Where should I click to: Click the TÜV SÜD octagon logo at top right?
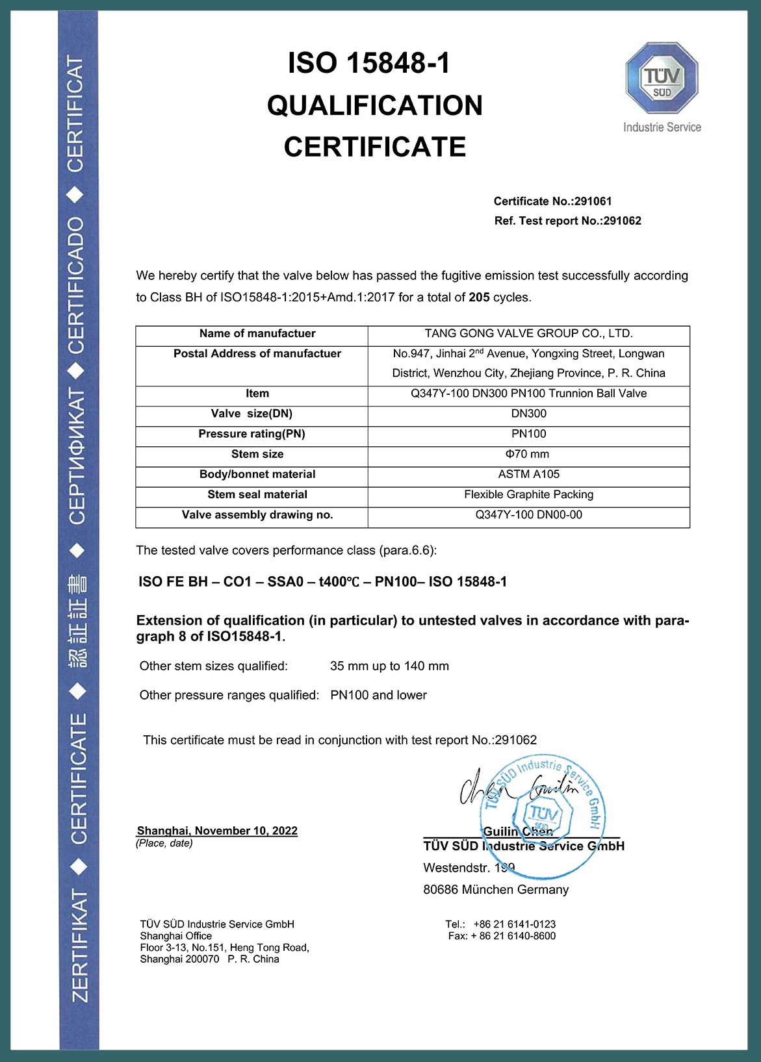662,79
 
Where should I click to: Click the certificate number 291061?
593,201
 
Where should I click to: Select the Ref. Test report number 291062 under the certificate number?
622,221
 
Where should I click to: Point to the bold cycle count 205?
479,297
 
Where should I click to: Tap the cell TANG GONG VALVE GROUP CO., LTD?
528,334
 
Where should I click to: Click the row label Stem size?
257,454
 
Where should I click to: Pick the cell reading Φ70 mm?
528,454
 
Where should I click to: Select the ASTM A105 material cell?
528,474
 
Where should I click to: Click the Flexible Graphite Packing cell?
528,494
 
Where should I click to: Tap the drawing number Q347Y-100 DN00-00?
528,515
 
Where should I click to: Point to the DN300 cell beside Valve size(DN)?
528,414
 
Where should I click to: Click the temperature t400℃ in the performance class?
339,582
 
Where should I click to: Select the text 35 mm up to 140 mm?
389,666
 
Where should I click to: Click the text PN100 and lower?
378,696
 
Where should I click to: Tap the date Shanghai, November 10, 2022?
217,831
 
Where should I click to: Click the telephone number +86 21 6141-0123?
514,924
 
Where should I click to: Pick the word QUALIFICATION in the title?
375,106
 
